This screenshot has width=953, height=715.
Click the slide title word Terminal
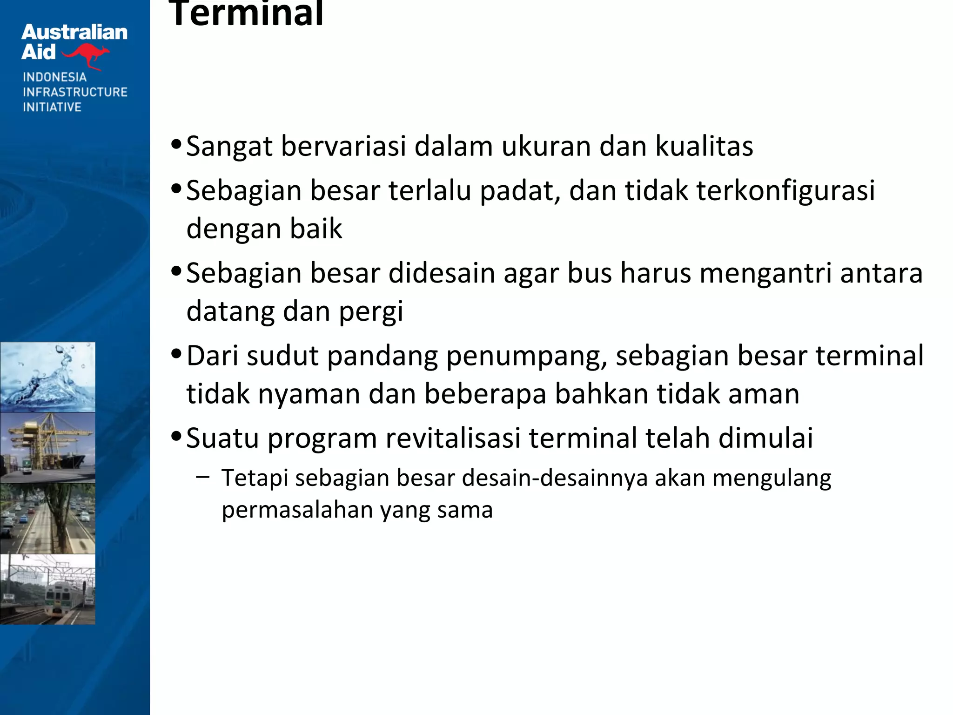point(246,14)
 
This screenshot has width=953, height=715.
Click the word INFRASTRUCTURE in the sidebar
point(75,92)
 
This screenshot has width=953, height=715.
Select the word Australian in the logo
point(74,33)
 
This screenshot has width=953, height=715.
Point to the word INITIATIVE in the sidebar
point(52,107)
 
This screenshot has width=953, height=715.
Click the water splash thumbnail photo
point(47,377)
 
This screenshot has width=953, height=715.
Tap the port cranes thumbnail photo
point(47,448)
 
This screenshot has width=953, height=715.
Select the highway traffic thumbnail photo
point(47,519)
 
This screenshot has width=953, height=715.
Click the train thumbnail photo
point(47,589)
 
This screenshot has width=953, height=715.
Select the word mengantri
point(765,273)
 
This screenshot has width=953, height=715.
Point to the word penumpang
point(527,357)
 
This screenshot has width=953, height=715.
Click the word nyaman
point(309,394)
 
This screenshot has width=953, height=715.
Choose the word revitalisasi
point(453,438)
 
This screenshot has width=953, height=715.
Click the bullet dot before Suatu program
point(176,437)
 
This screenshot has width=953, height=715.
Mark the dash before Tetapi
point(203,477)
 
